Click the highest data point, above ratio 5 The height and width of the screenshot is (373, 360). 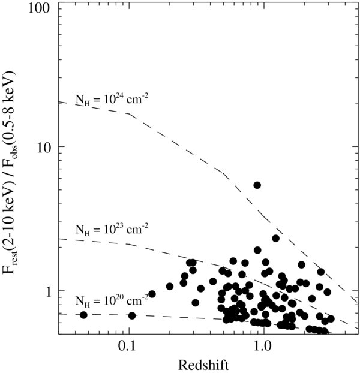(x=257, y=185)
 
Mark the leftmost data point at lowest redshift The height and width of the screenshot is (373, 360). (x=83, y=315)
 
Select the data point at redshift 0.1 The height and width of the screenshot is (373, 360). (x=132, y=315)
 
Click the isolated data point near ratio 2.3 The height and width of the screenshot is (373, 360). (x=275, y=238)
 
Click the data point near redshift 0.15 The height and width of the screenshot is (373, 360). (x=152, y=294)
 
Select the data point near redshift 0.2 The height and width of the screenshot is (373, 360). (x=170, y=286)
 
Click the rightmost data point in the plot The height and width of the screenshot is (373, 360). (x=331, y=319)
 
